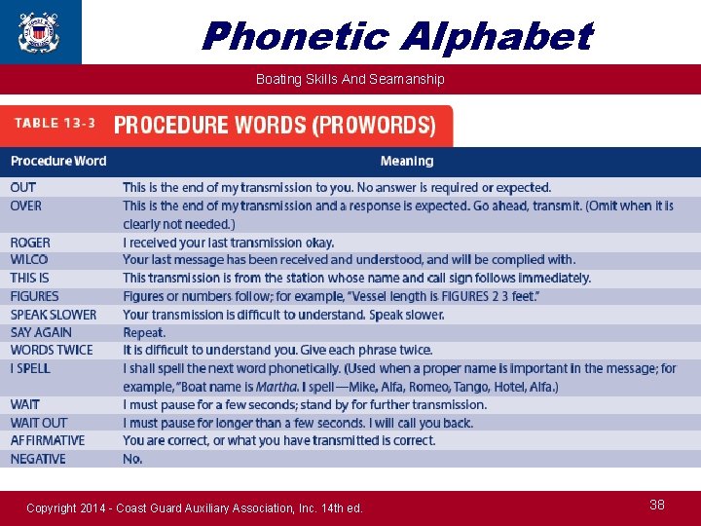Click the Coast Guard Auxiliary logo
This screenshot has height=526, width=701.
pyautogui.click(x=39, y=31)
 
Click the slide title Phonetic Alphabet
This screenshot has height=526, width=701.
pyautogui.click(x=396, y=37)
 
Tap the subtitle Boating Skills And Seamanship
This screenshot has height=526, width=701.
pyautogui.click(x=350, y=79)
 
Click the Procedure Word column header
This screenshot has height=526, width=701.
pyautogui.click(x=58, y=161)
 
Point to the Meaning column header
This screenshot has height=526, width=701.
pyautogui.click(x=407, y=161)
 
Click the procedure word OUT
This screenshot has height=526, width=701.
pyautogui.click(x=23, y=187)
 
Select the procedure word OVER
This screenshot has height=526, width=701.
pyautogui.click(x=26, y=206)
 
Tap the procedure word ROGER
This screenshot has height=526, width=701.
pyautogui.click(x=30, y=243)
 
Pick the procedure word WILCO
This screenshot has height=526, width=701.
pyautogui.click(x=29, y=260)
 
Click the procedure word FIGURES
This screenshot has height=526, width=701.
pyautogui.click(x=35, y=296)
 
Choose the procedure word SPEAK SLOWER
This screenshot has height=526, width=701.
pyautogui.click(x=54, y=315)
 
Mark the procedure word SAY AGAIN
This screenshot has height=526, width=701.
pyautogui.click(x=41, y=332)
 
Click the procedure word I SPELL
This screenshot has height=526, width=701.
pyautogui.click(x=30, y=368)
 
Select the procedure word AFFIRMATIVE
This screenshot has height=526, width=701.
pyautogui.click(x=48, y=440)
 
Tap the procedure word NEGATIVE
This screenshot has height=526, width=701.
pyautogui.click(x=38, y=459)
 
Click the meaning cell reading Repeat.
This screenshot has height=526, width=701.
pyautogui.click(x=145, y=332)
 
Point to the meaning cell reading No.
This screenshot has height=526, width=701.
pyautogui.click(x=132, y=459)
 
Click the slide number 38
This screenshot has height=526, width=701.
pyautogui.click(x=657, y=505)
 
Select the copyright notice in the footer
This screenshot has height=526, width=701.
pyautogui.click(x=195, y=507)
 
